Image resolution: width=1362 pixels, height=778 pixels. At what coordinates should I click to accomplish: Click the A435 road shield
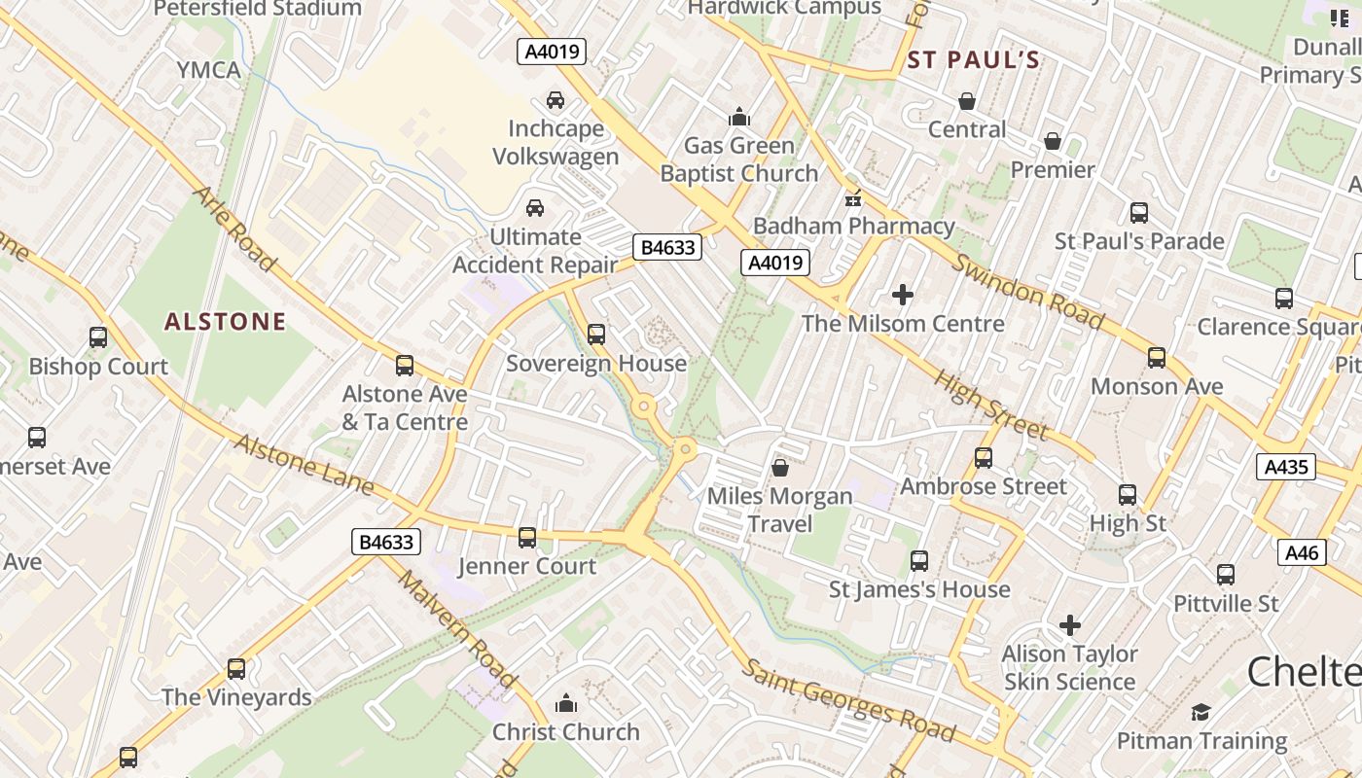(x=1285, y=467)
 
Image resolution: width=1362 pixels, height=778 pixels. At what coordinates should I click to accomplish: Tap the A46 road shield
(x=1302, y=553)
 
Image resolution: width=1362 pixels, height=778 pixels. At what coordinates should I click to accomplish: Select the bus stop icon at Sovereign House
(x=596, y=335)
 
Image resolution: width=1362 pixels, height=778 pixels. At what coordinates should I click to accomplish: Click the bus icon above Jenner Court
(x=527, y=537)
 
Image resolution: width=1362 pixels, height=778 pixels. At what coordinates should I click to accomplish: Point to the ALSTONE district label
(x=225, y=322)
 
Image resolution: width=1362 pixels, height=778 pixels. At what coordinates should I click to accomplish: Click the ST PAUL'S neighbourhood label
(x=973, y=60)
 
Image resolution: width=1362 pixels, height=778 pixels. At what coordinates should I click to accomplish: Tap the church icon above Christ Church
(x=565, y=703)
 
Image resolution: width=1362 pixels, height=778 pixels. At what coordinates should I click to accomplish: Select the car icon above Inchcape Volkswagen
(x=555, y=100)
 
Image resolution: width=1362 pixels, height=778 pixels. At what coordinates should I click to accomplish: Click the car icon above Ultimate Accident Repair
(x=534, y=208)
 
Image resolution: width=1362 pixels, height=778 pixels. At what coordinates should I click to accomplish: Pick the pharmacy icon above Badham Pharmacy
(x=853, y=198)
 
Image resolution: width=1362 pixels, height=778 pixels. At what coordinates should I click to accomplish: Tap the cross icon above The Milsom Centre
(x=903, y=295)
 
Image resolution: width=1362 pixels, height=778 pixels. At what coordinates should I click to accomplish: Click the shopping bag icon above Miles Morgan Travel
(x=779, y=468)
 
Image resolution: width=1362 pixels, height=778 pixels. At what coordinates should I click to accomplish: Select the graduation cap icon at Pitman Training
(x=1201, y=713)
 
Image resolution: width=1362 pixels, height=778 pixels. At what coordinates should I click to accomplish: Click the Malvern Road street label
(x=456, y=630)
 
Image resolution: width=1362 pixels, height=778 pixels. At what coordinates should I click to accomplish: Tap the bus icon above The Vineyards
(x=236, y=669)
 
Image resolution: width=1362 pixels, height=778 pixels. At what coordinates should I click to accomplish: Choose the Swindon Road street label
(x=1027, y=292)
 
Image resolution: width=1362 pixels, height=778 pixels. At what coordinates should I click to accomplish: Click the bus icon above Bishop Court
(x=98, y=337)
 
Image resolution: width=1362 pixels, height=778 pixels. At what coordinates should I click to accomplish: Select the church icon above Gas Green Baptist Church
(x=739, y=118)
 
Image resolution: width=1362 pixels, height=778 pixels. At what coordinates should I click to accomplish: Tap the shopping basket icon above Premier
(x=1052, y=142)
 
